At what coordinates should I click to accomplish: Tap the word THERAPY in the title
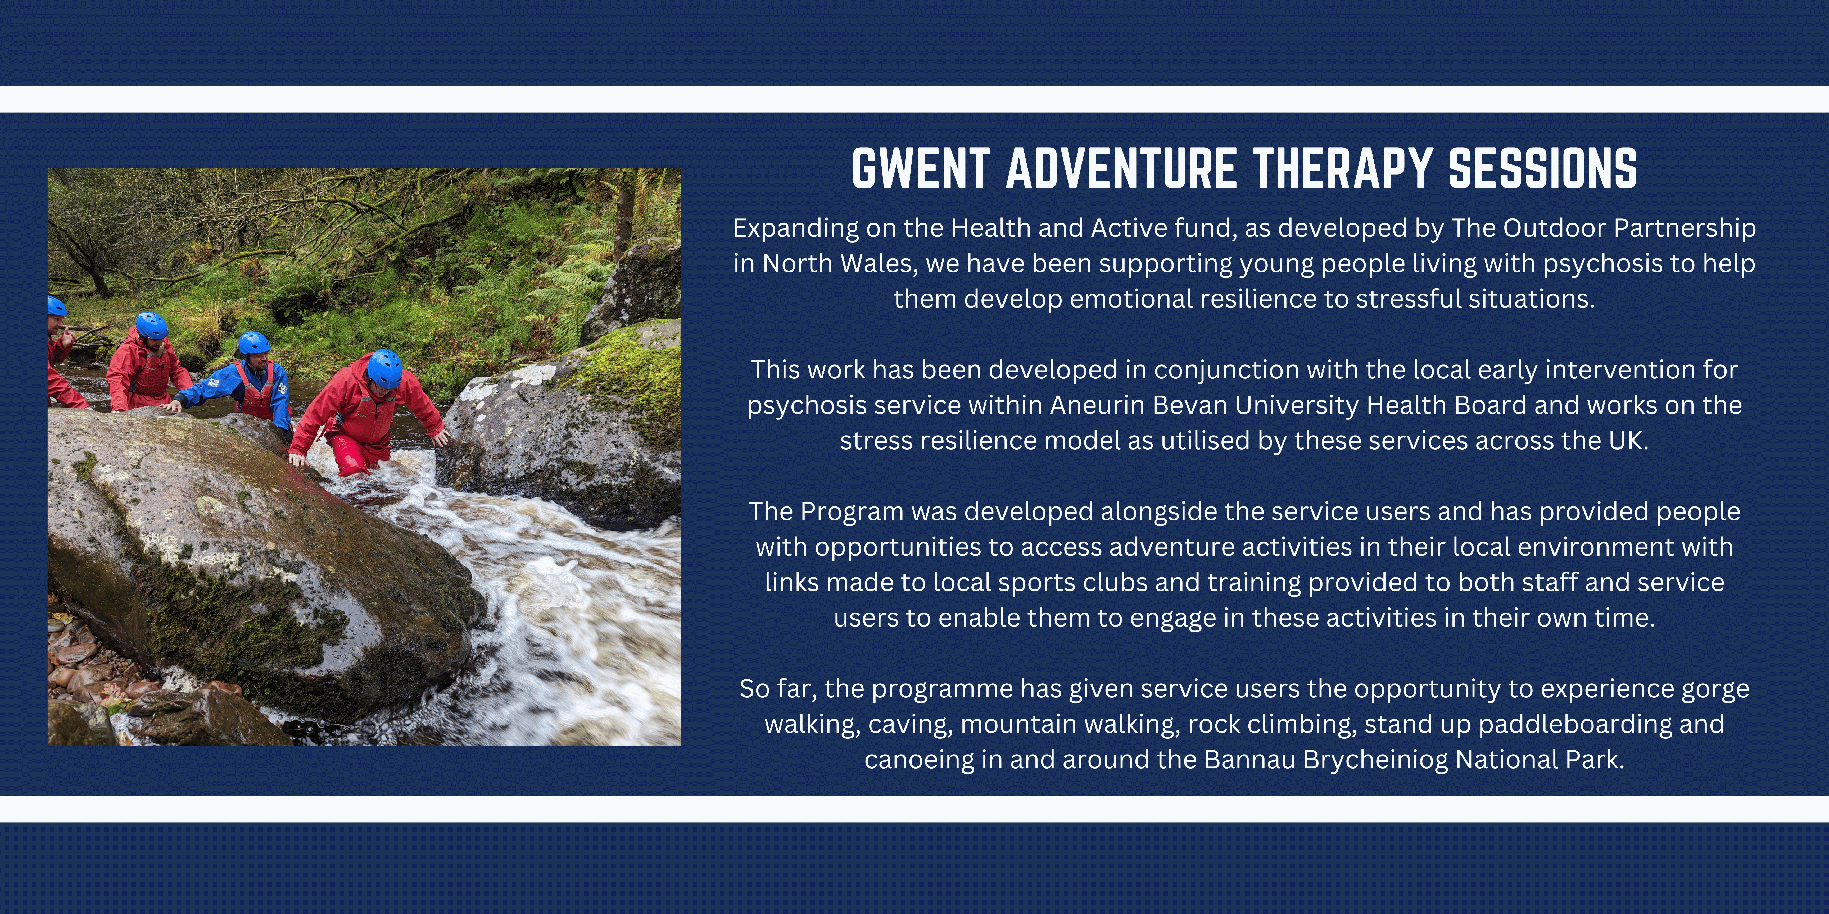coord(1342,169)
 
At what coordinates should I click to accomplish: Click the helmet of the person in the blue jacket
coord(253,344)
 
